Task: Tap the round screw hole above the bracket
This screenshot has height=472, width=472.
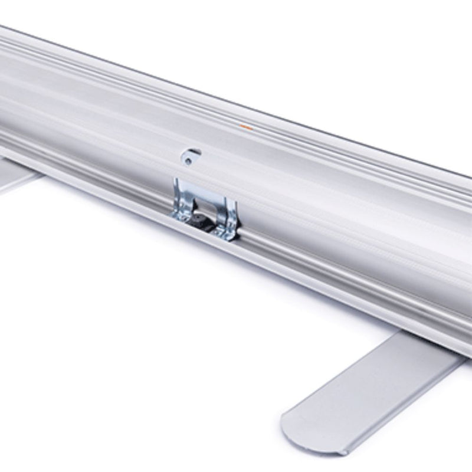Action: [188, 159]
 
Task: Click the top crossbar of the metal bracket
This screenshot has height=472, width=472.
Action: [204, 189]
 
